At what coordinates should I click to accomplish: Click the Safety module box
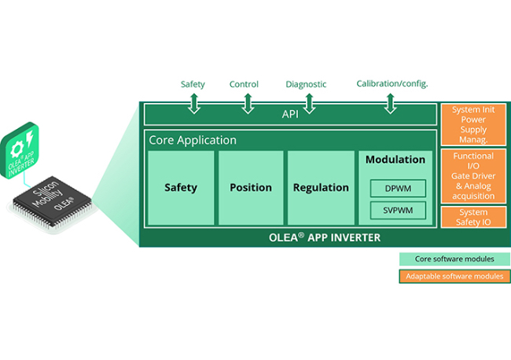click(181, 188)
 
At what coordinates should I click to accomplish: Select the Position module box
click(251, 188)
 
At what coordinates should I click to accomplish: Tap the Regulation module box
click(321, 188)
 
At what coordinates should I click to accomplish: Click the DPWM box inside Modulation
click(398, 189)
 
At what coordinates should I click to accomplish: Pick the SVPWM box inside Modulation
click(398, 210)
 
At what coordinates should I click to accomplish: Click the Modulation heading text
click(395, 160)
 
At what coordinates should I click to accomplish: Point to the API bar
click(289, 115)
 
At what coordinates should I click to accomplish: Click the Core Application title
click(193, 141)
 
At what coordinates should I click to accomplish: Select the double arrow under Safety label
click(193, 102)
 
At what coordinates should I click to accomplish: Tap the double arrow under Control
click(247, 102)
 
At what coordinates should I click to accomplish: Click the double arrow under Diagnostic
click(308, 102)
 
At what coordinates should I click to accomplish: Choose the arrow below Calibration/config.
click(390, 102)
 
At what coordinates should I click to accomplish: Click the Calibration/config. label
click(392, 83)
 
